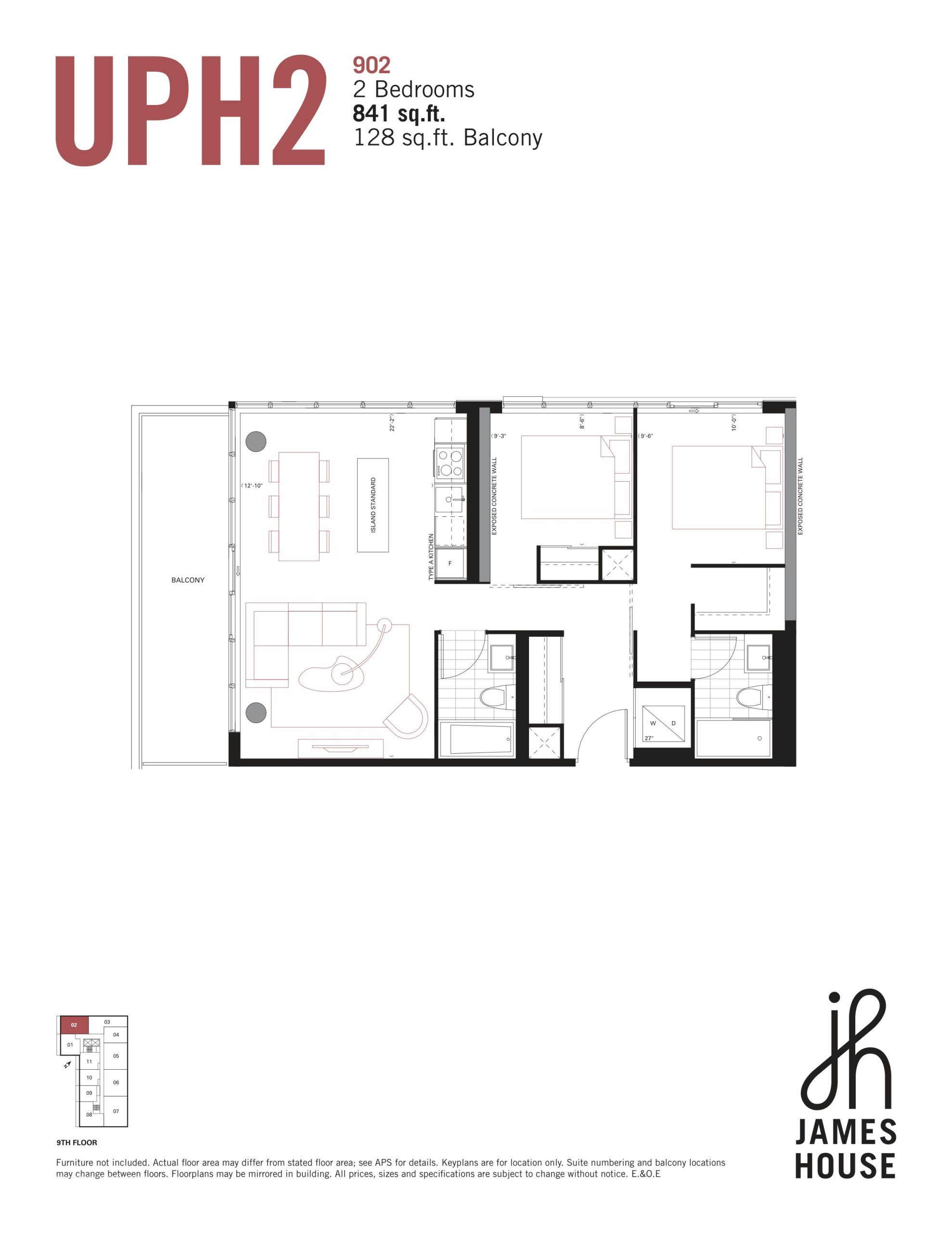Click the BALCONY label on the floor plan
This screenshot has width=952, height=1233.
coord(188,580)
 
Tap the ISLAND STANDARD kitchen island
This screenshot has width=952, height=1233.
coord(373,505)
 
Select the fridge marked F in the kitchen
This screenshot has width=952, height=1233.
coord(450,563)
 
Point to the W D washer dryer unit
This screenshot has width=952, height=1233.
coord(663,724)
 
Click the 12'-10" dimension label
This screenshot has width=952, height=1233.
coord(252,485)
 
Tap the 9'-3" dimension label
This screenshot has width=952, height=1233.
coord(499,436)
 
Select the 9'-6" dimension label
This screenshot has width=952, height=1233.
coord(645,436)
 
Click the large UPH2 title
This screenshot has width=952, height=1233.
coord(191,111)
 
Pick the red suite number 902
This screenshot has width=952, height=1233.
coord(372,66)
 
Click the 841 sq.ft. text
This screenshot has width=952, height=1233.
coord(399,114)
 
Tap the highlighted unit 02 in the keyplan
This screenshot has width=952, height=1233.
coord(74,1024)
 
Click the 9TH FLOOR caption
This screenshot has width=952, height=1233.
coord(77,1142)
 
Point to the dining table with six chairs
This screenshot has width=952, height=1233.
coord(299,506)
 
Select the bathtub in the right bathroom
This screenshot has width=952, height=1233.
coord(733,738)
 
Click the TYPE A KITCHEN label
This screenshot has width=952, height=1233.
coord(431,557)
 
